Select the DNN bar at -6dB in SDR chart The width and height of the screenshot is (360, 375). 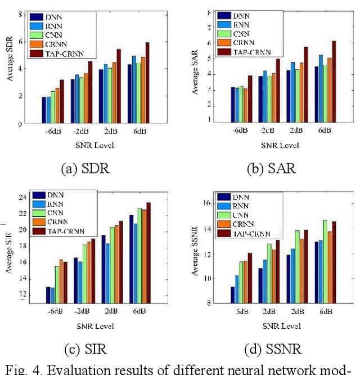44,110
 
